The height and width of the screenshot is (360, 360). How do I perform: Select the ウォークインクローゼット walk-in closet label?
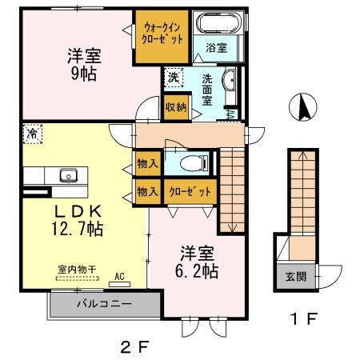click(164, 33)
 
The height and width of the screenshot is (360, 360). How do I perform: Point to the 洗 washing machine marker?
click(173, 78)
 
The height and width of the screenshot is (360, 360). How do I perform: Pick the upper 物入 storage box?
click(146, 164)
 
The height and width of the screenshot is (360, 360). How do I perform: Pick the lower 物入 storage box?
click(146, 192)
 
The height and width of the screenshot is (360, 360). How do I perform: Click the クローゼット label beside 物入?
click(189, 192)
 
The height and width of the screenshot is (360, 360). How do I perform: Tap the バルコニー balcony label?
click(104, 304)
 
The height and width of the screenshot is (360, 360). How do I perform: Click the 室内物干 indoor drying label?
click(77, 270)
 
